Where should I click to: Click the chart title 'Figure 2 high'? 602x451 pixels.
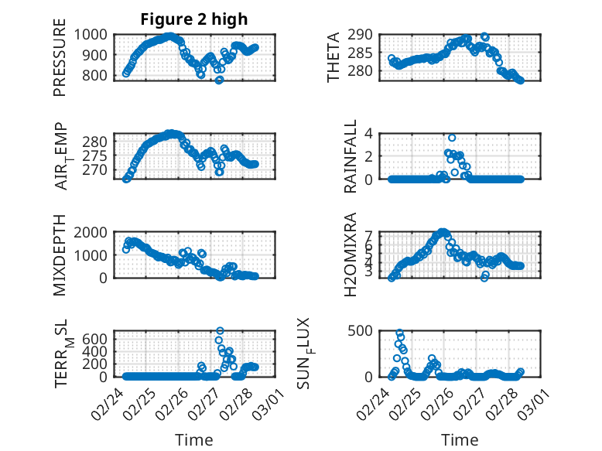(194, 19)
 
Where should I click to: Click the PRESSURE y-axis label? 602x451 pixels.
(60, 63)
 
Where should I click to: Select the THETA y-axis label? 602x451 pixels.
(334, 57)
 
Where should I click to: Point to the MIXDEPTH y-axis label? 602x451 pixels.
(60, 255)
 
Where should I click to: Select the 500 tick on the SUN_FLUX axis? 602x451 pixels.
(367, 331)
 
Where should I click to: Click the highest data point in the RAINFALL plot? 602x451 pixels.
(452, 138)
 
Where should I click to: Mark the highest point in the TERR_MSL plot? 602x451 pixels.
(220, 331)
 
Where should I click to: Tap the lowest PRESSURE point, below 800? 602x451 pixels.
(219, 80)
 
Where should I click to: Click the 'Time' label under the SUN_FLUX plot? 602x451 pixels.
(460, 439)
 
